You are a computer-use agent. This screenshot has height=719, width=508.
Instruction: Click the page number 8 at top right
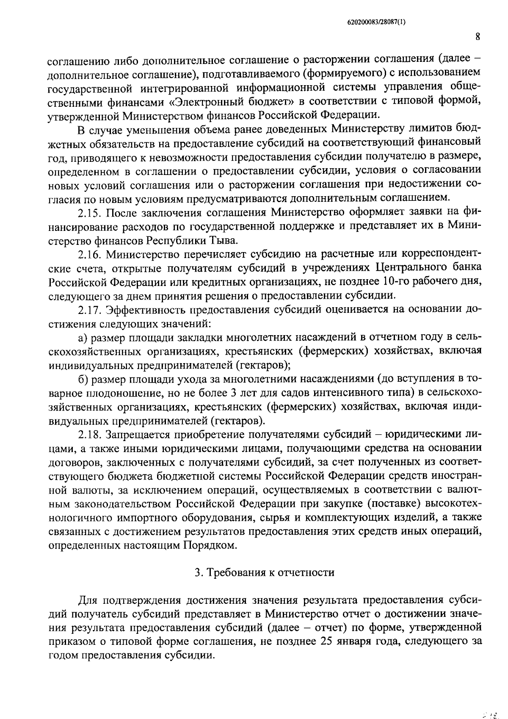pos(477,37)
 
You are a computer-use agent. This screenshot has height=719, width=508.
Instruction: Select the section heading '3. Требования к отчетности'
pos(264,572)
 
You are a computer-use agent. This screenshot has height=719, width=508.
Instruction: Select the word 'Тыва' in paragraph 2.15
pos(221,240)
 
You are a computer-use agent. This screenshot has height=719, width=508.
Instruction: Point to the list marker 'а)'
pos(83,337)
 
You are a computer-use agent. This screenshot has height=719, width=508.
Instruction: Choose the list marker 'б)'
pos(83,379)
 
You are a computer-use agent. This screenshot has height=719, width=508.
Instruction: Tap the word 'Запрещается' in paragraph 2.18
pos(138,434)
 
